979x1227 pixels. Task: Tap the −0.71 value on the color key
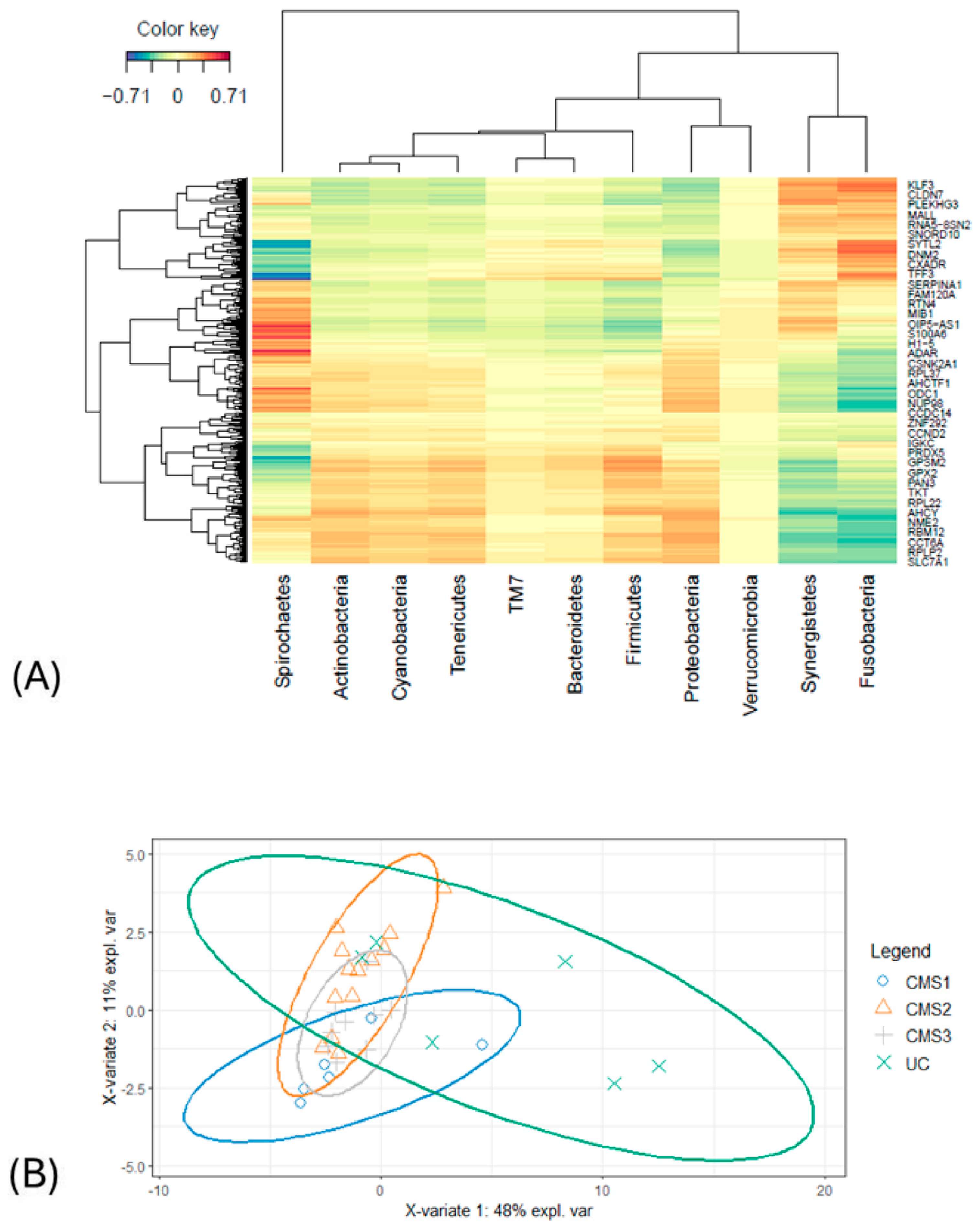pyautogui.click(x=126, y=96)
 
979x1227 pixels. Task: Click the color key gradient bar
pyautogui.click(x=178, y=56)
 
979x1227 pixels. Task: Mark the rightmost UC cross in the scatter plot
pyautogui.click(x=659, y=1066)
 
